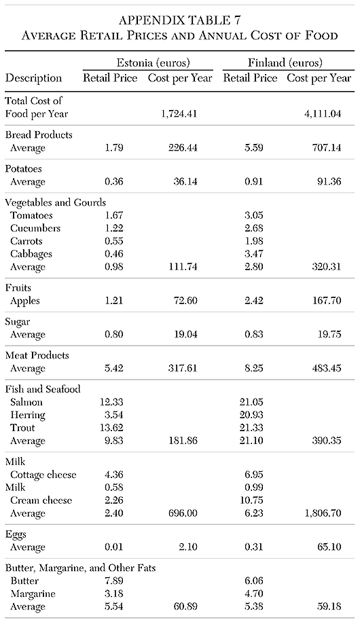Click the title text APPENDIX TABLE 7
tap(179, 18)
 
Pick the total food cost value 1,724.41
tap(179, 113)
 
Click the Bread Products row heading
tap(39, 134)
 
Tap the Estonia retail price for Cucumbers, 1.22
tap(111, 228)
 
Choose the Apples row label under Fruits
tap(26, 301)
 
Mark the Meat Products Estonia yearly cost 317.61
tap(181, 369)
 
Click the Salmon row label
tap(27, 402)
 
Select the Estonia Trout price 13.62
tap(111, 428)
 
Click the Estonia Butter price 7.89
tap(111, 581)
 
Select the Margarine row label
tap(33, 593)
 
